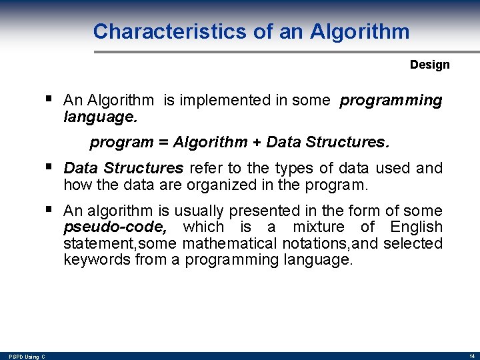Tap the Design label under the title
pyautogui.click(x=429, y=65)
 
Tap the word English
pyautogui.click(x=416, y=227)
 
